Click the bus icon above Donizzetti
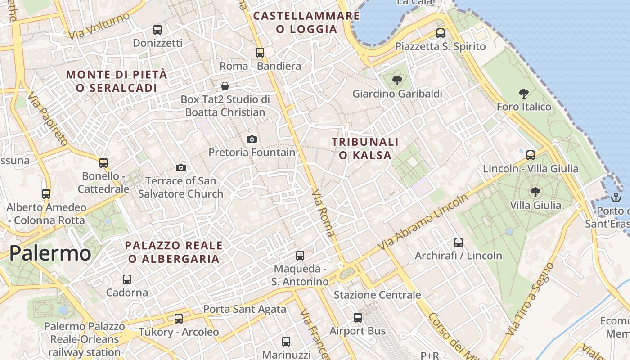[x=157, y=30]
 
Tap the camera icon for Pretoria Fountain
[x=252, y=139]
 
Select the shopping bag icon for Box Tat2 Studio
[x=225, y=85]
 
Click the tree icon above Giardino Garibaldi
[x=397, y=81]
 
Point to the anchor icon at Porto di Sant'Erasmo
[x=615, y=197]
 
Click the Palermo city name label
[x=50, y=253]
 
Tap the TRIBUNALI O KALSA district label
[x=365, y=148]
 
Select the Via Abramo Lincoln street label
[x=423, y=223]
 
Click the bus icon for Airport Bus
[x=358, y=318]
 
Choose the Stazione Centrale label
[x=377, y=295]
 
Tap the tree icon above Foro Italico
[x=523, y=94]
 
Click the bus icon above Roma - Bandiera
[x=260, y=52]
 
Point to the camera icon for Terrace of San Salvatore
[x=180, y=167]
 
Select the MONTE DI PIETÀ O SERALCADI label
[x=117, y=81]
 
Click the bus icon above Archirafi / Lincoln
[x=458, y=243]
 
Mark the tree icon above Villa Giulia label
[x=535, y=192]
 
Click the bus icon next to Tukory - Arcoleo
[x=179, y=319]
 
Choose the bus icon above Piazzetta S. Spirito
[x=440, y=33]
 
